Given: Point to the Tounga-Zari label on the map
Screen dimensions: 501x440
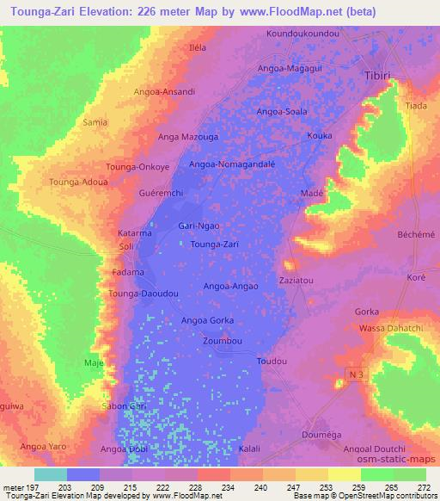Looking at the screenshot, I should point(214,244).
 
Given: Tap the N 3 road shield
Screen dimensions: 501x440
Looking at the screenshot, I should point(357,373).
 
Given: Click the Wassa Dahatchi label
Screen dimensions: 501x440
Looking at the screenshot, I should point(382,329).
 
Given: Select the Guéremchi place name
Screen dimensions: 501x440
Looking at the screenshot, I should point(162,194).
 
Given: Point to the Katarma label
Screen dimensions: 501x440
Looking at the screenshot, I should point(135,233).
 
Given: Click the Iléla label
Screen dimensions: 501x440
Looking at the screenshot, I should point(198,47).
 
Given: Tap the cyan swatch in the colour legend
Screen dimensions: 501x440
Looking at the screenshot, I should point(50,474).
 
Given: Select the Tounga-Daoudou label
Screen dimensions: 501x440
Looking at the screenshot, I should point(144,294).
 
